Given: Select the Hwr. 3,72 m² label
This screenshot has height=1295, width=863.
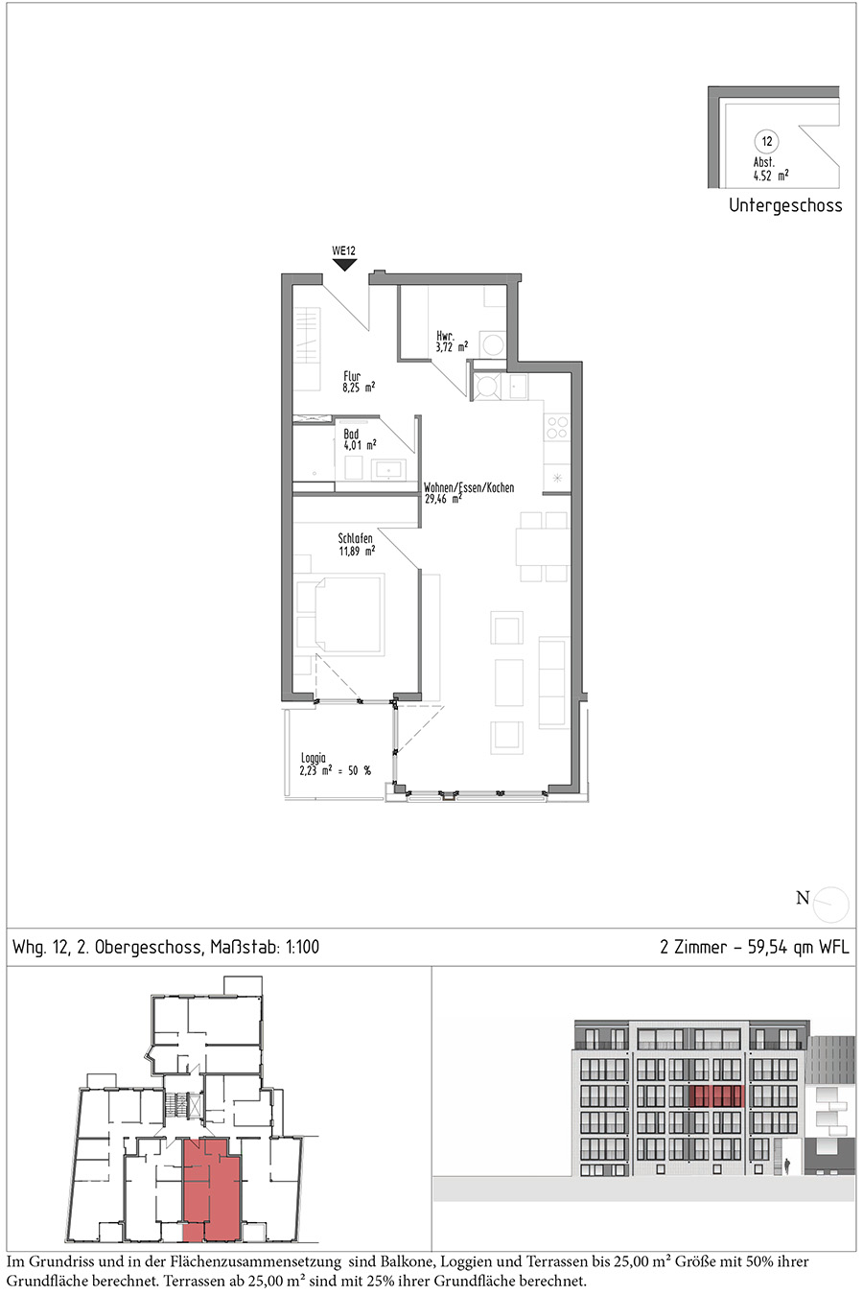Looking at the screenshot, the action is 452,341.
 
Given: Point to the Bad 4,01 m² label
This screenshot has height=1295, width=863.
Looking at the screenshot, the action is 360,439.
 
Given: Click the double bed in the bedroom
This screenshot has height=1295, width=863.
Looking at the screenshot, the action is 341,615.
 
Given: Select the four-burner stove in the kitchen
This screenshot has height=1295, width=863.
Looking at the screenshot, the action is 558,428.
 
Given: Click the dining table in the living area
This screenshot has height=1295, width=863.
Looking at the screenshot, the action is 544,547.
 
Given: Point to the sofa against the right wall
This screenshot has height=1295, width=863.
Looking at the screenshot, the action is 552,682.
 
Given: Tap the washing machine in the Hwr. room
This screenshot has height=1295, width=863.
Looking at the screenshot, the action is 494,344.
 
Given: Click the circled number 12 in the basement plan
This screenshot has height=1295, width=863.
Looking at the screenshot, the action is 766,141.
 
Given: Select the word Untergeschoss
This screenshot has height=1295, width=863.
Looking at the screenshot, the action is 785,205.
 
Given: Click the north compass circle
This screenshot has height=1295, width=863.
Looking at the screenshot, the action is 830,905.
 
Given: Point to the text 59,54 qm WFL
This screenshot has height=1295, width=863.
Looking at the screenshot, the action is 798,948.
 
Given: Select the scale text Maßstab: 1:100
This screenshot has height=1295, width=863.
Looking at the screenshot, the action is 265,948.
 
